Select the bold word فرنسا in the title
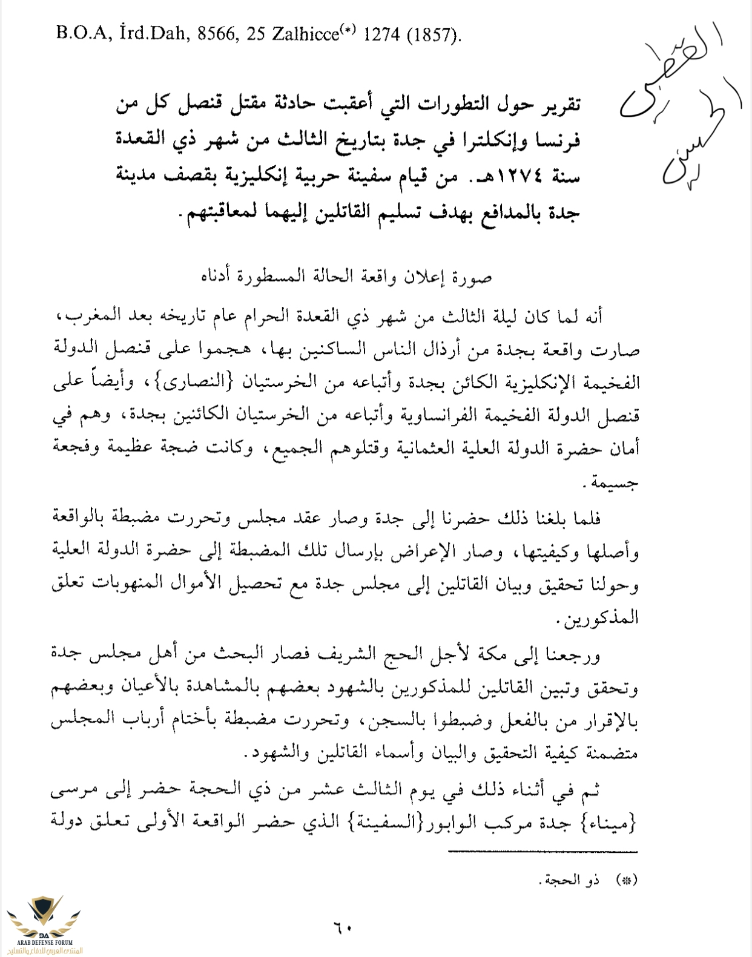pos(559,140)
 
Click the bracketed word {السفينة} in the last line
pos(378,822)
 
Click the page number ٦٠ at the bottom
pos(342,927)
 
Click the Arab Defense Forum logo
pos(44,923)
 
